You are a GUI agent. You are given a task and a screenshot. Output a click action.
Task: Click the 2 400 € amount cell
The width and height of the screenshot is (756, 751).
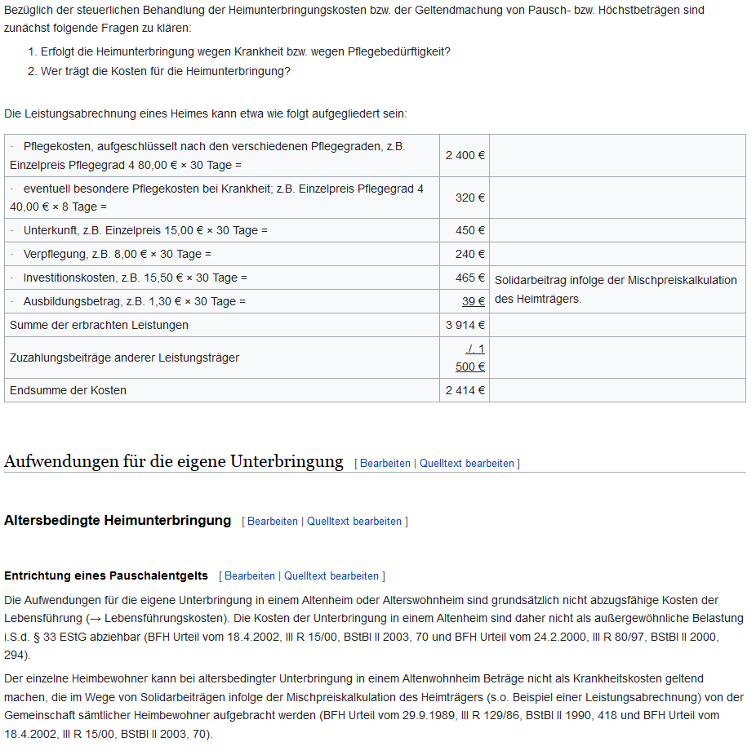[465, 155]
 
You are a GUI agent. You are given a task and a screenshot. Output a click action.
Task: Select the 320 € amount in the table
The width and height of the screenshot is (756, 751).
[470, 198]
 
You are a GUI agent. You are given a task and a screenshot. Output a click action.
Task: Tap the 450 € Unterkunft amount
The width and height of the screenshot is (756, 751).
[470, 230]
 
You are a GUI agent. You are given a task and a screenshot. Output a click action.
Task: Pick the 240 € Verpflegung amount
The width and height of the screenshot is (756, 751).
[470, 254]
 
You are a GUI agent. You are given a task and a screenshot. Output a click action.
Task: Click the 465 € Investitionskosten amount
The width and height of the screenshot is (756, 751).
[470, 278]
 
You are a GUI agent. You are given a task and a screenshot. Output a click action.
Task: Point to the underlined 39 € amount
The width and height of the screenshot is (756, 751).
[474, 301]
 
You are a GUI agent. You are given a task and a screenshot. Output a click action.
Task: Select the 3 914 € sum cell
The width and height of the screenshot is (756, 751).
[465, 325]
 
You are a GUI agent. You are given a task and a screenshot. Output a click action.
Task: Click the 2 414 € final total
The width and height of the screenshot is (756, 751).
[465, 390]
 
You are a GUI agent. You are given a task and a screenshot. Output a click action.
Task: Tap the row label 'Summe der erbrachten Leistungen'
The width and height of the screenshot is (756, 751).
[99, 325]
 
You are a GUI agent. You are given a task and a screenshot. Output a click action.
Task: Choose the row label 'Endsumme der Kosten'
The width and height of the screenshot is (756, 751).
[68, 390]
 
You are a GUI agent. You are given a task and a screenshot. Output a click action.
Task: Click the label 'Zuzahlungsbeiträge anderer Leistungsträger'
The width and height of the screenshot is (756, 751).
[124, 358]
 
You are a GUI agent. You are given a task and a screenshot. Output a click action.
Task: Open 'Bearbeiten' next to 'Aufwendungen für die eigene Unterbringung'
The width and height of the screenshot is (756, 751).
[385, 463]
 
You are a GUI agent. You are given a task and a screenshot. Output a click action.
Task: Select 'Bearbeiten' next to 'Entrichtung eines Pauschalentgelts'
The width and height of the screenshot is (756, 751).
[250, 575]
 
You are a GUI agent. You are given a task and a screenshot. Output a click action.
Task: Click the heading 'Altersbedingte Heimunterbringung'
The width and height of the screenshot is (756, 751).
[118, 520]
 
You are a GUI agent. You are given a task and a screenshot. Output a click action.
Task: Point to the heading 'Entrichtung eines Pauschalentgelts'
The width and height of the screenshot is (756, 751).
[106, 575]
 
